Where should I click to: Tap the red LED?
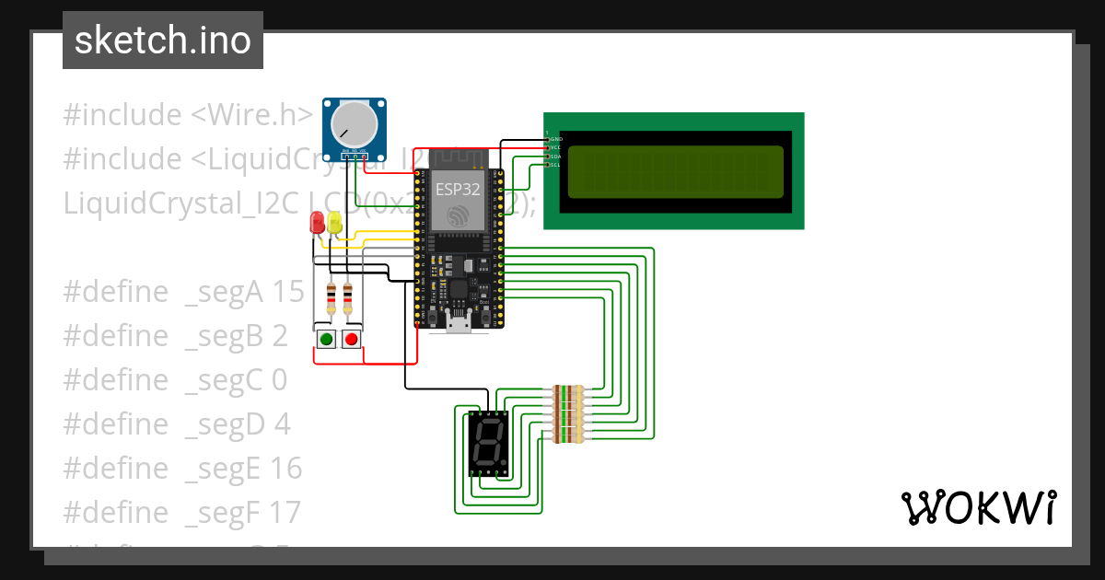point(317,222)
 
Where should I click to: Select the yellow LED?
point(334,222)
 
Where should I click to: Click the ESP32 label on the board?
point(458,188)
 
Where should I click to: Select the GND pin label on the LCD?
point(556,139)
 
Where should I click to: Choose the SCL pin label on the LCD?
point(556,165)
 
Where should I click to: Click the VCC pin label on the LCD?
point(556,147)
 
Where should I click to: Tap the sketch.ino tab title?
point(163,41)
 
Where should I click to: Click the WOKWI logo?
point(978,508)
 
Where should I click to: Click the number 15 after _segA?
point(288,292)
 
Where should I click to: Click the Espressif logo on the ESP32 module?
point(458,215)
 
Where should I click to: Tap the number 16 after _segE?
point(287,469)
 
